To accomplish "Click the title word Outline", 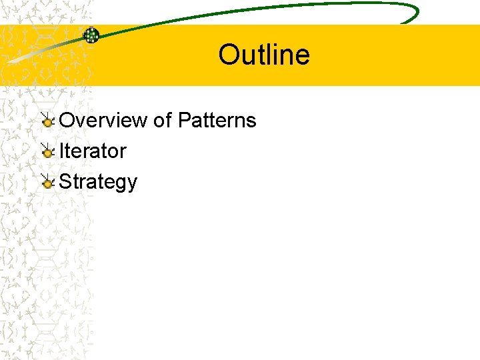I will point(264,55).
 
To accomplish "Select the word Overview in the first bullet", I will point(103,121).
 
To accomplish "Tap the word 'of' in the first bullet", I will point(163,121).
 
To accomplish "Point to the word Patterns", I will point(217,121).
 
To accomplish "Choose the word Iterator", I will point(93,151).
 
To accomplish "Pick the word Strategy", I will point(98,182).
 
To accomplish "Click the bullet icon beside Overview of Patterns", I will point(47,121).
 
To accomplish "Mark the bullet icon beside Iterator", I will point(47,151).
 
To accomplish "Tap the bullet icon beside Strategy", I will point(47,182).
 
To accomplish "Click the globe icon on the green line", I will point(91,35).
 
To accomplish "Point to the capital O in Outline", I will point(229,55).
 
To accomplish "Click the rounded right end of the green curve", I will point(415,12).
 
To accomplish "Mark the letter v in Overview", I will point(77,122).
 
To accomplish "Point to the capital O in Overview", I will point(67,121).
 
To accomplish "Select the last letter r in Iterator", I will point(123,153).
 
